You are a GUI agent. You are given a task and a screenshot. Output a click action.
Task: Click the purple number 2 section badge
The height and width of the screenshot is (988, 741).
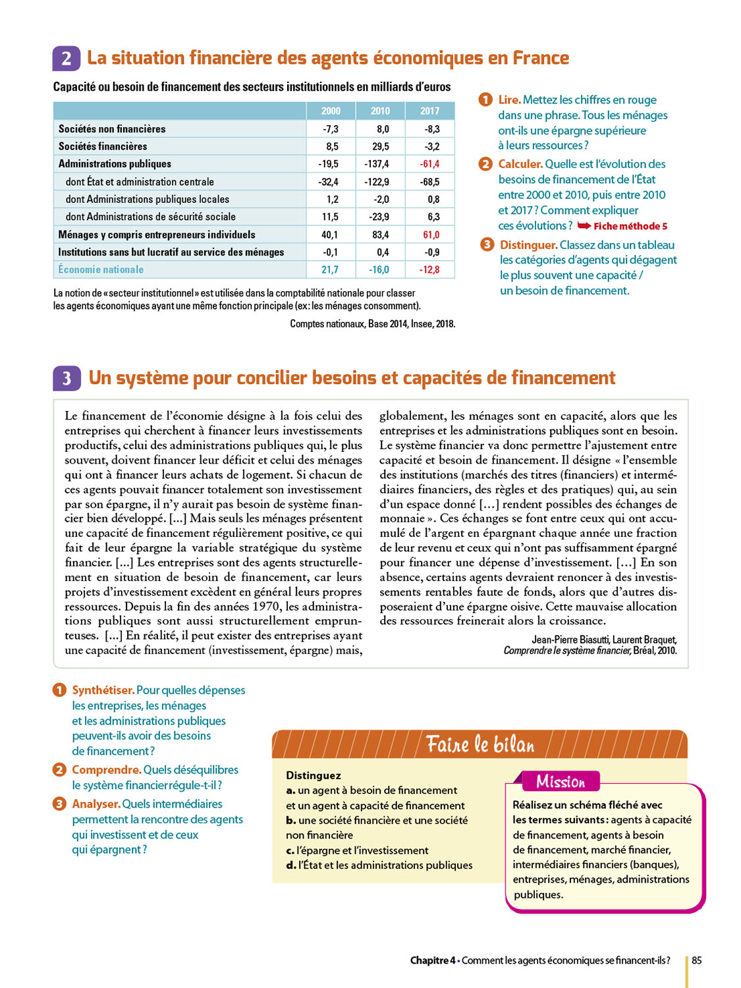coord(66,59)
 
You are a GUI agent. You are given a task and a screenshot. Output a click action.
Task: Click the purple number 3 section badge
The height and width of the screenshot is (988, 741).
coord(67,378)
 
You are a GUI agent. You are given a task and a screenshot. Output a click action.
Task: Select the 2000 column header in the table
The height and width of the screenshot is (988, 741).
coord(331,111)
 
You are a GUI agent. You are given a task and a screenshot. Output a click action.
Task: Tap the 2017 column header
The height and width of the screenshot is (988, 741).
coord(429,111)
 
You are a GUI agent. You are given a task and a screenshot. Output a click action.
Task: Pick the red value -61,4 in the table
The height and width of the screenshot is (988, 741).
coord(429,164)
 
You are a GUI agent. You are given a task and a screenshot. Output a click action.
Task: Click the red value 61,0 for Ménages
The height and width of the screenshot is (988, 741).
coord(431,234)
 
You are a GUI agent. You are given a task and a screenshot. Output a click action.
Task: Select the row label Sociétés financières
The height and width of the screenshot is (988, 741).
coord(103,146)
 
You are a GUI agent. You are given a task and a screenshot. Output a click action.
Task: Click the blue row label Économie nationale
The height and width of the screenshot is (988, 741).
coord(101,269)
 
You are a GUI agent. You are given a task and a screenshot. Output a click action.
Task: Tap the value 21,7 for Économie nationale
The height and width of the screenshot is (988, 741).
coord(330,269)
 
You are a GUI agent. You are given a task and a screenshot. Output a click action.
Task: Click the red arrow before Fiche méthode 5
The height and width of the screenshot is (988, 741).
coord(584,226)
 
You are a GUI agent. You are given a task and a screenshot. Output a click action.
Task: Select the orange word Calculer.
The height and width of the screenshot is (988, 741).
coord(520,164)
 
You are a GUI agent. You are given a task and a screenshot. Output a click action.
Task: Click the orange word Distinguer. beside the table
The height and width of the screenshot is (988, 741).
coord(528,245)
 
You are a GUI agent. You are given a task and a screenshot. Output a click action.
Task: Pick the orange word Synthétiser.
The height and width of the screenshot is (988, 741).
coord(103,690)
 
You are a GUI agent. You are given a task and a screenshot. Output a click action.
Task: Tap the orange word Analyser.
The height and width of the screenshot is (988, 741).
coord(96,804)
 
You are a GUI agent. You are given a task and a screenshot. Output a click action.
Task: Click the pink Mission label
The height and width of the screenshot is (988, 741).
coord(561,782)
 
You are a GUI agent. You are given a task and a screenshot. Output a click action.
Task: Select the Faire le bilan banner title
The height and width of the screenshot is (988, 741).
coord(480,744)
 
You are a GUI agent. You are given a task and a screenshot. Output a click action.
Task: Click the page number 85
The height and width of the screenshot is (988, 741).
coord(696,960)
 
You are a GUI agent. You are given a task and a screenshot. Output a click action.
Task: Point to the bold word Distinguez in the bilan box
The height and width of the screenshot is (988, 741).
coord(314,775)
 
